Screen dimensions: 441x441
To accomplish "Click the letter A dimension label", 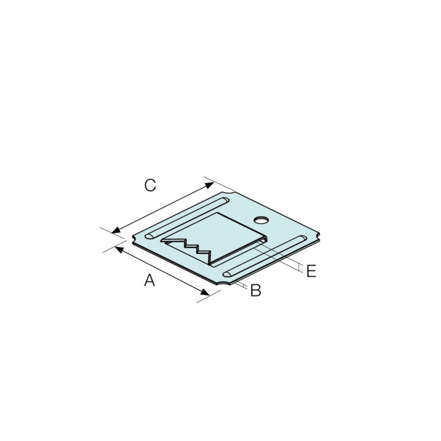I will (x=149, y=280).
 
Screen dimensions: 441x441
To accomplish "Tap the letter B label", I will (x=256, y=291).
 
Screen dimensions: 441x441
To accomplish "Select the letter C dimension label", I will (x=150, y=185).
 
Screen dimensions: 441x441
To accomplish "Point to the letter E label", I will (x=311, y=271).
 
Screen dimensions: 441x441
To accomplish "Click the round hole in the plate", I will (x=262, y=219).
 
